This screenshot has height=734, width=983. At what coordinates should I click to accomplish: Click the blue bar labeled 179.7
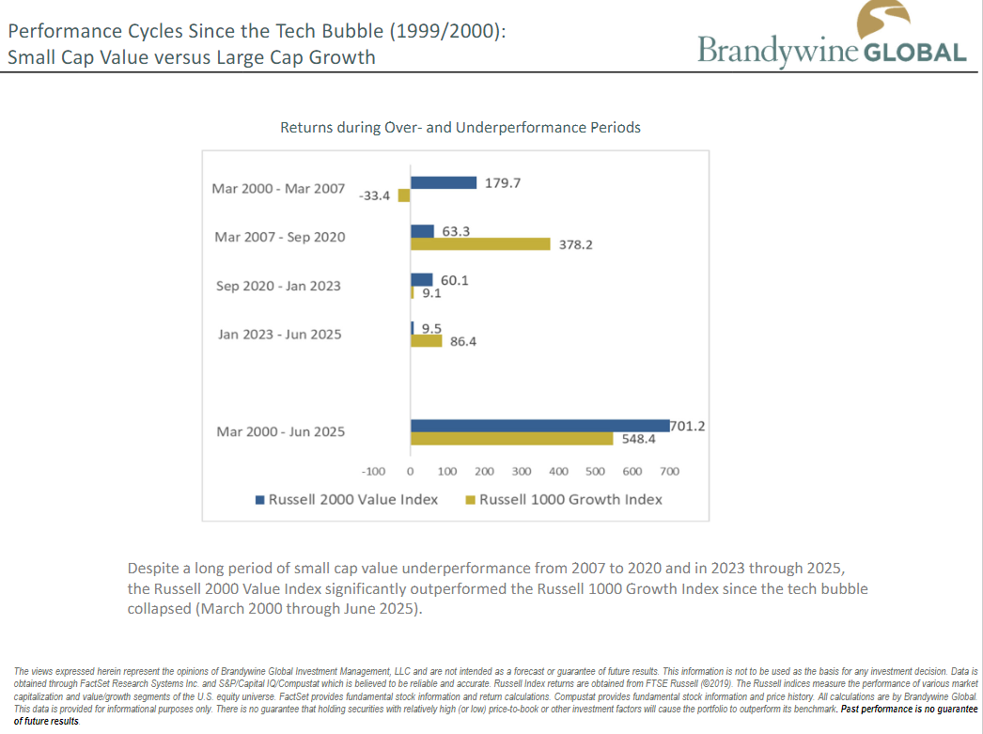pyautogui.click(x=444, y=183)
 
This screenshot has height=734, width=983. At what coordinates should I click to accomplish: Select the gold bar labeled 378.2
pyautogui.click(x=480, y=244)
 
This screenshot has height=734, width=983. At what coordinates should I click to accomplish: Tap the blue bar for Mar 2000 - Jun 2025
pyautogui.click(x=539, y=426)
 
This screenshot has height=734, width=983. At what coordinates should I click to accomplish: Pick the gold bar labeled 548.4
pyautogui.click(x=511, y=439)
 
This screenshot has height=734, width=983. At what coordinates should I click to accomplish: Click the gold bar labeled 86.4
pyautogui.click(x=427, y=341)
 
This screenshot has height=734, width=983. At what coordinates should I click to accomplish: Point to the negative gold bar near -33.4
pyautogui.click(x=404, y=196)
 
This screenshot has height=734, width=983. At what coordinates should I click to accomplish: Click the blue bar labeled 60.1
pyautogui.click(x=422, y=280)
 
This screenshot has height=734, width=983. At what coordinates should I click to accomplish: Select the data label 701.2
pyautogui.click(x=688, y=426)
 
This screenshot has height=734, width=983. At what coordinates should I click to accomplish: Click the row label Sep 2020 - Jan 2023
pyautogui.click(x=278, y=286)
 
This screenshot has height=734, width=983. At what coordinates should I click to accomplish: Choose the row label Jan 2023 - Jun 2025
pyautogui.click(x=280, y=335)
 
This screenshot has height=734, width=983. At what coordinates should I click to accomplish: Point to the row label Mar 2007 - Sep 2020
pyautogui.click(x=280, y=237)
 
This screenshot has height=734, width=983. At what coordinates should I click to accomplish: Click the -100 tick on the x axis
pyautogui.click(x=374, y=471)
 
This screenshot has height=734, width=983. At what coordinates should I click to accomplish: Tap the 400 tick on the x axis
pyautogui.click(x=558, y=471)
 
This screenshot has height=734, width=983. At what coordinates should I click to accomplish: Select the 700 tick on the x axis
pyautogui.click(x=669, y=471)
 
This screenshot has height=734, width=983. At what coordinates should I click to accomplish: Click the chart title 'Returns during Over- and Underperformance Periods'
pyautogui.click(x=460, y=127)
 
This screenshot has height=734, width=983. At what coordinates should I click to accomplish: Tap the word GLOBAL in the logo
pyautogui.click(x=914, y=53)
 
